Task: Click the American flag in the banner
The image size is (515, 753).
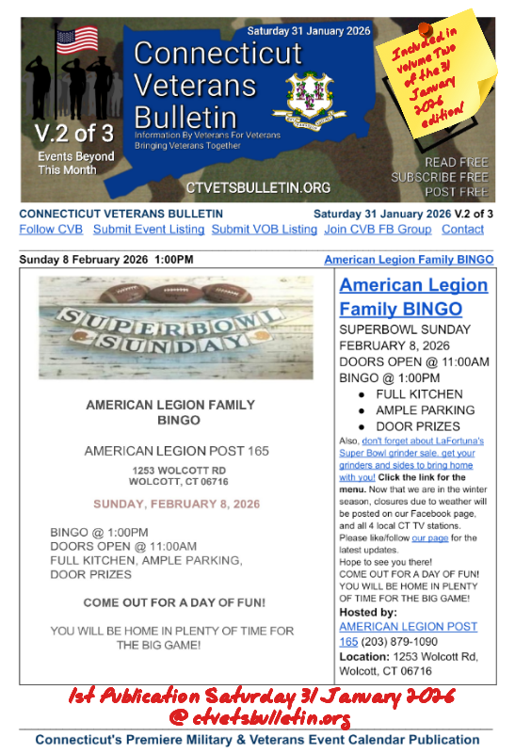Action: pyautogui.click(x=77, y=40)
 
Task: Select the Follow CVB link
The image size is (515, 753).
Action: pyautogui.click(x=51, y=229)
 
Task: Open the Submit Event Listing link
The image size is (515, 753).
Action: pyautogui.click(x=149, y=229)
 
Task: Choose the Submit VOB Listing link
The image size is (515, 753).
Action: pyautogui.click(x=264, y=229)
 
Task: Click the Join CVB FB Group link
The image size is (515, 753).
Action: pyautogui.click(x=378, y=229)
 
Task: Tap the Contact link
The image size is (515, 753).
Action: pyautogui.click(x=462, y=229)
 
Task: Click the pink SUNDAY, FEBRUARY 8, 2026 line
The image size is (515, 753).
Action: pyautogui.click(x=176, y=504)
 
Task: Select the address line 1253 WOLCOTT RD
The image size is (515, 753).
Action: pyautogui.click(x=176, y=470)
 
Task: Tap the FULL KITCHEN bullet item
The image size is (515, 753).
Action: pyautogui.click(x=419, y=393)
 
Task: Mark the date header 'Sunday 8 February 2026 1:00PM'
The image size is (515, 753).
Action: pyautogui.click(x=106, y=259)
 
